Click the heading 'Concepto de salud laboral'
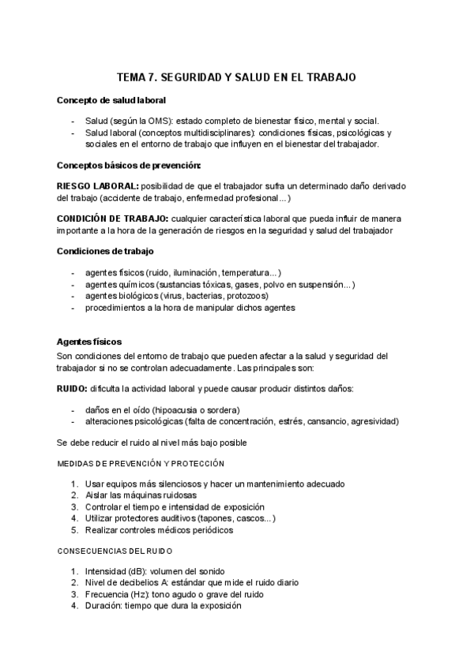point(111,100)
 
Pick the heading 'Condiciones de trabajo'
point(105,252)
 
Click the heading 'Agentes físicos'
point(89,342)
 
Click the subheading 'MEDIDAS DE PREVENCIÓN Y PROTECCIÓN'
point(141,463)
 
